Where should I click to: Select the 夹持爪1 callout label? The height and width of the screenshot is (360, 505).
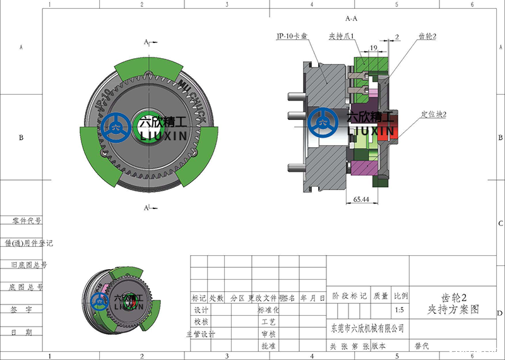tap(344, 36)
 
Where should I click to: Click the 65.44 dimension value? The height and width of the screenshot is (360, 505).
tap(362, 199)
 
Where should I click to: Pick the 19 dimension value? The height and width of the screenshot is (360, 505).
tap(374, 48)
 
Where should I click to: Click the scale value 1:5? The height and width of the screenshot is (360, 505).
tap(399, 310)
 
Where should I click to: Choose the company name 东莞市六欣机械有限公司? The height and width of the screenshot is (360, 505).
tap(367, 328)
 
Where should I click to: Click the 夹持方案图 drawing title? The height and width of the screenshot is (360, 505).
tap(453, 309)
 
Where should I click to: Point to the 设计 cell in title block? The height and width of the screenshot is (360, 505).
tap(201, 310)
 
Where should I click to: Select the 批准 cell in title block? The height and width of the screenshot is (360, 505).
tap(268, 346)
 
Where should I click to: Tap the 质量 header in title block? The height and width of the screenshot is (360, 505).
tap(381, 296)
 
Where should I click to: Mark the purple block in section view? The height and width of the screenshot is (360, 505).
tap(362, 169)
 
